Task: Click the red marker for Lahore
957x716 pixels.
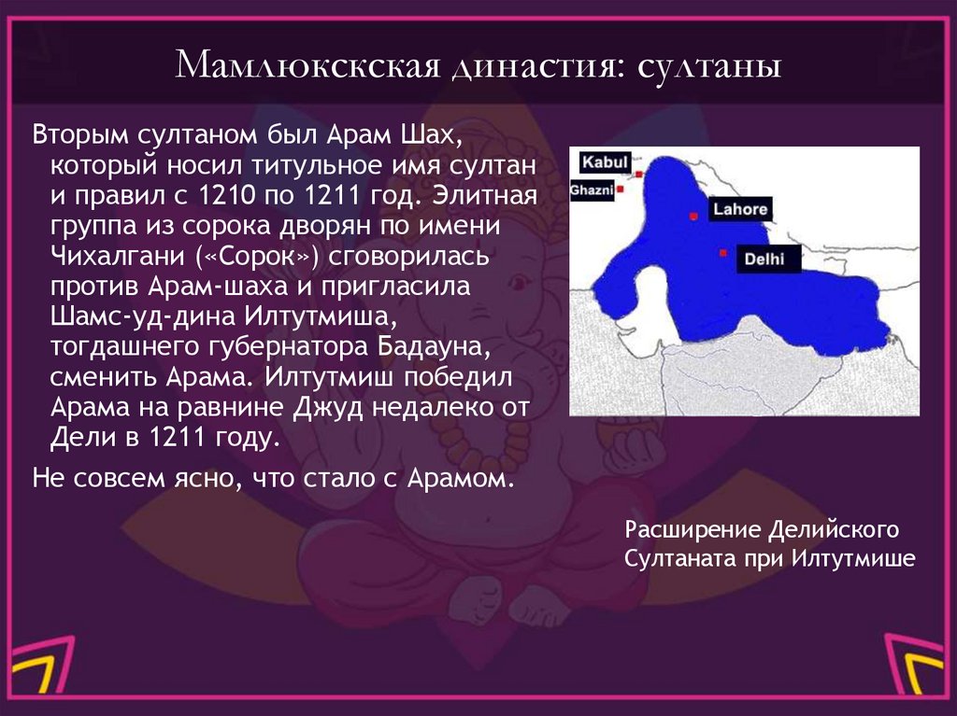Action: pyautogui.click(x=693, y=217)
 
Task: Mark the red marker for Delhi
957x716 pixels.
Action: pyautogui.click(x=722, y=253)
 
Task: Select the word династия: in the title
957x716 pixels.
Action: pyautogui.click(x=530, y=67)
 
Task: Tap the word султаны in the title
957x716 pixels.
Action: pyautogui.click(x=710, y=67)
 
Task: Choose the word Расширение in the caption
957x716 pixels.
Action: pyautogui.click(x=689, y=530)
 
